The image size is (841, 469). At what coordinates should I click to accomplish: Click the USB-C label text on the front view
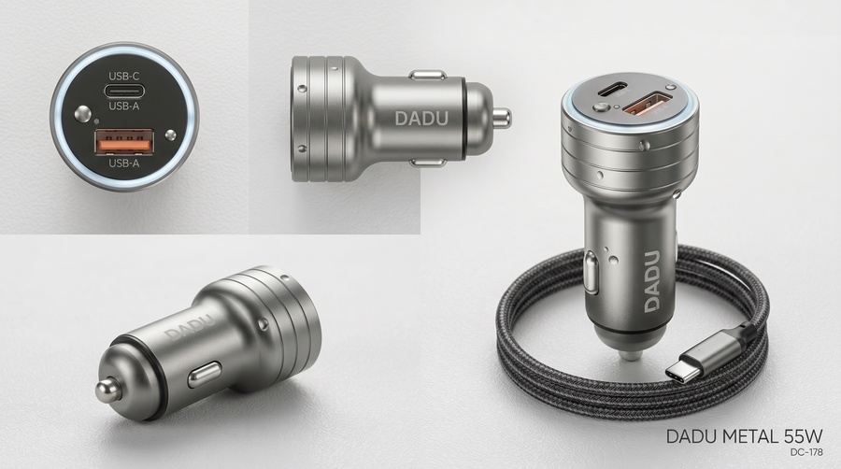point(124,76)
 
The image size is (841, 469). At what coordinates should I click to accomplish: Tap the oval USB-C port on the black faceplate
point(124,91)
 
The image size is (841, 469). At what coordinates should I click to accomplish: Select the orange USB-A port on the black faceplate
point(124,143)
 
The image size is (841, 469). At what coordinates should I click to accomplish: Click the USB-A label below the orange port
point(124,163)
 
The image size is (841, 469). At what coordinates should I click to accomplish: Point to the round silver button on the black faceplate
point(82,114)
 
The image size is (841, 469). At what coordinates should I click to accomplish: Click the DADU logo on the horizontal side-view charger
point(421,119)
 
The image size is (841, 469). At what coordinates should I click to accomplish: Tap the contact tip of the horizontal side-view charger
point(502,119)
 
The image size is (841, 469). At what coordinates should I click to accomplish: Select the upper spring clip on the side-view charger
point(427,75)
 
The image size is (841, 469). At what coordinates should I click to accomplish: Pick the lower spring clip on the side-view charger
point(427,163)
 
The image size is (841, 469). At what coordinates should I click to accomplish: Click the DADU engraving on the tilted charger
point(190,328)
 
